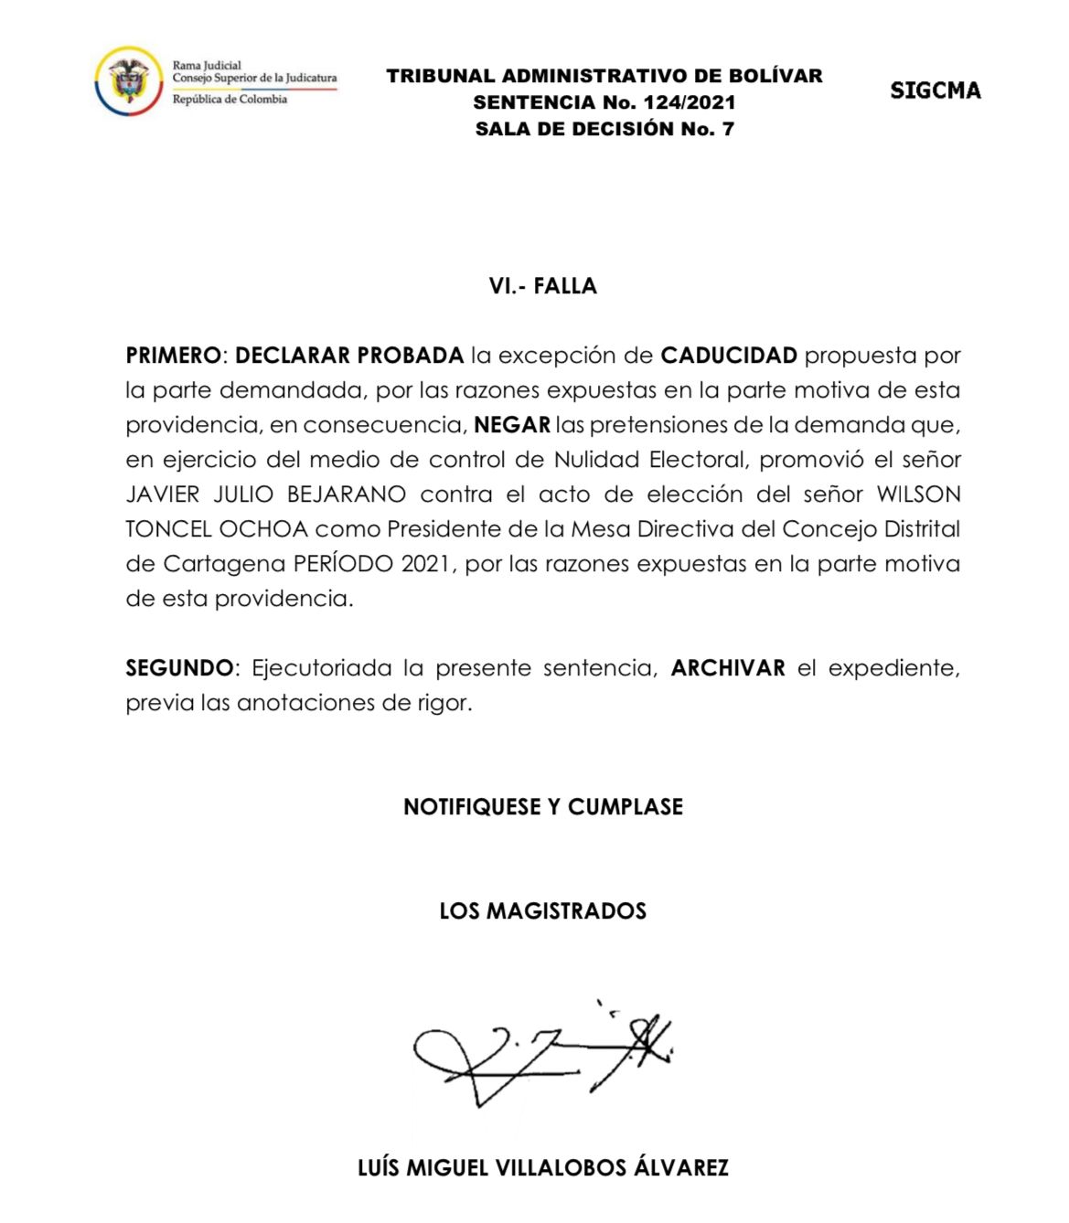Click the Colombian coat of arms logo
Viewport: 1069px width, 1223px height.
128,81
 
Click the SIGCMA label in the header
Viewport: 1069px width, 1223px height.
935,90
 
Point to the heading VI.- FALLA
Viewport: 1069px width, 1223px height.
542,286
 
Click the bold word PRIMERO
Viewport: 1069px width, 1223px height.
173,355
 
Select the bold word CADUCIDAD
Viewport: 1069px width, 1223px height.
728,355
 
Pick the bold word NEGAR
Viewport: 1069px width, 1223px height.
512,424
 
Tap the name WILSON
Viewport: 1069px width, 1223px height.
918,495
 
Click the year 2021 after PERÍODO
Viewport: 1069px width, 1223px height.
425,564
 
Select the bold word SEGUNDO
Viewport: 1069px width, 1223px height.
179,668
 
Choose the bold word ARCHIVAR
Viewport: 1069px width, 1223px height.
728,668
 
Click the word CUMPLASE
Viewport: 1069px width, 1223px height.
625,807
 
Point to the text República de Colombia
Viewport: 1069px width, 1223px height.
230,100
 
